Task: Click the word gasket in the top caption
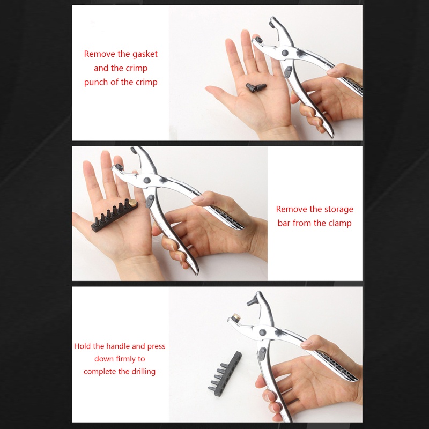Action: pyautogui.click(x=145, y=54)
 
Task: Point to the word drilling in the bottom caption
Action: pyautogui.click(x=143, y=371)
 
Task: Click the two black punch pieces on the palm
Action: pyautogui.click(x=256, y=87)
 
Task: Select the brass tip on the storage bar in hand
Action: pyautogui.click(x=133, y=203)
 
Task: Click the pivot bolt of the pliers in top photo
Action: pyautogui.click(x=285, y=53)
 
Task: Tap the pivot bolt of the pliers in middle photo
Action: pyautogui.click(x=147, y=180)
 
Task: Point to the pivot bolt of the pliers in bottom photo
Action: pyautogui.click(x=262, y=332)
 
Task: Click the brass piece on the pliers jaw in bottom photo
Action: pyautogui.click(x=236, y=317)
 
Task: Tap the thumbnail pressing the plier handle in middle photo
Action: pyautogui.click(x=198, y=199)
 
